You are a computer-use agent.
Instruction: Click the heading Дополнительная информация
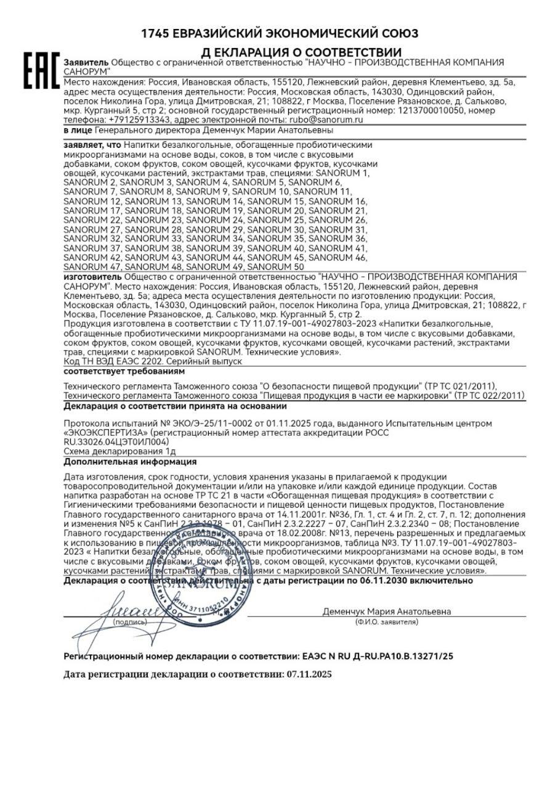coord(130,461)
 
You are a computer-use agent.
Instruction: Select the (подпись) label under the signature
coord(130,623)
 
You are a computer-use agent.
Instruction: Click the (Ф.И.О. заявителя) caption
coord(386,623)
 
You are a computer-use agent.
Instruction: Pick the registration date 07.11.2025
coord(309,674)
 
